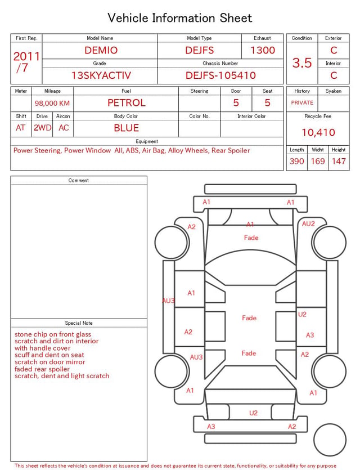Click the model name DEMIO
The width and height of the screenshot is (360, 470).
click(101, 50)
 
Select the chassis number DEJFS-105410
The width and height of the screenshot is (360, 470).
click(220, 75)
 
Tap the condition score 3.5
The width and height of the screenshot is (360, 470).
click(302, 62)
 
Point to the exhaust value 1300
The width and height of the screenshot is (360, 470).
click(262, 50)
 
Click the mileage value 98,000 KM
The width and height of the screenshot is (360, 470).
click(52, 103)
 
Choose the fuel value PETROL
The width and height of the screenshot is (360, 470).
click(126, 103)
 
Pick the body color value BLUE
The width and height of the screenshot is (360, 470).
click(126, 128)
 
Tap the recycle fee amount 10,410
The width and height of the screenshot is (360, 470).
click(318, 132)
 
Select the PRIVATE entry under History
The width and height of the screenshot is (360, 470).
click(302, 102)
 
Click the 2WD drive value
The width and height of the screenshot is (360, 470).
click(42, 128)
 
